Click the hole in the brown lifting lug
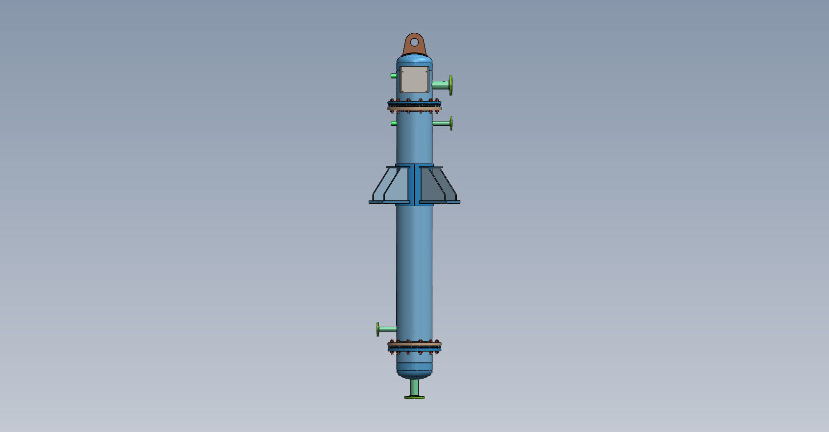[414, 43]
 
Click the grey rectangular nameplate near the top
[414, 80]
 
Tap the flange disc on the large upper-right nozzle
[450, 85]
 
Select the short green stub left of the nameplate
[394, 76]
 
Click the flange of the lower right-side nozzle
[450, 123]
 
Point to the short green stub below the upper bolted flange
[394, 123]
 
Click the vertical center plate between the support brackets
[415, 185]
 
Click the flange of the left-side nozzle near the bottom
[378, 329]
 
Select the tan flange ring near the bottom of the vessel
[414, 344]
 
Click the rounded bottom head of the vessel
[414, 370]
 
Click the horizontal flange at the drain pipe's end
[414, 397]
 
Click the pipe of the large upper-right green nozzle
[440, 85]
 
